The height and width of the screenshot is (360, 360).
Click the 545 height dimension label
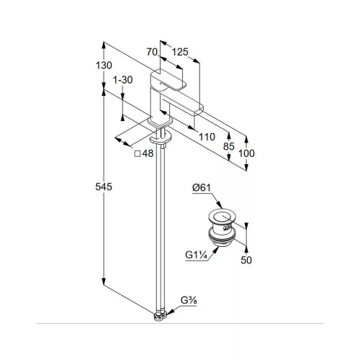click(104, 186)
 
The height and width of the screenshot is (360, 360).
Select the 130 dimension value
click(104, 66)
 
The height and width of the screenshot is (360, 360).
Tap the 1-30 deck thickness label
click(123, 80)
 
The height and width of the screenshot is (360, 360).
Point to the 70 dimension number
click(152, 52)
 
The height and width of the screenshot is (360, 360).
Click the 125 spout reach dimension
click(180, 52)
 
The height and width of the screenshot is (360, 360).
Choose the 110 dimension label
click(207, 137)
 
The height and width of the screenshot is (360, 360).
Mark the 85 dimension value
click(228, 146)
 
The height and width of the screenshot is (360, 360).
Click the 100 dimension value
click(246, 153)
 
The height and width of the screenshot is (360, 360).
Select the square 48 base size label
click(144, 153)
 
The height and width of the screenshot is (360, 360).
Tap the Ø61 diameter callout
click(202, 187)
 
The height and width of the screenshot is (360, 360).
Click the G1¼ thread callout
click(196, 255)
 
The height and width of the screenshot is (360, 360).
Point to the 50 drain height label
click(246, 260)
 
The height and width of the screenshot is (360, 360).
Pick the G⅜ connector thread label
click(189, 300)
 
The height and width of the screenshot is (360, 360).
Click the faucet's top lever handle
click(168, 80)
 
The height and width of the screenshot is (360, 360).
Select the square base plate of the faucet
click(160, 122)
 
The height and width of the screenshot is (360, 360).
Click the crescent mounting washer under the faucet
click(160, 138)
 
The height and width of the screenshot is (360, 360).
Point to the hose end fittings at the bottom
click(161, 316)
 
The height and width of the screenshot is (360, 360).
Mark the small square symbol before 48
click(138, 153)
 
